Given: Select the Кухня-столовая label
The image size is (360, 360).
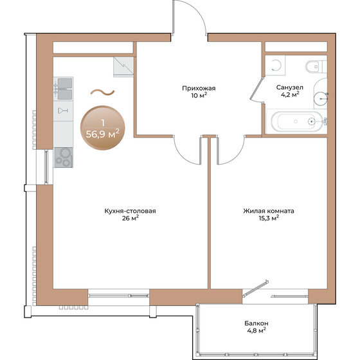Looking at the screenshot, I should [130, 210].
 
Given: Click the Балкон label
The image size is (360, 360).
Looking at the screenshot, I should [256, 323].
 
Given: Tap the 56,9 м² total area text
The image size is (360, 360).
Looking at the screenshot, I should [103, 134].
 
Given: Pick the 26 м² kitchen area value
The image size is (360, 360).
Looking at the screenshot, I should [130, 219].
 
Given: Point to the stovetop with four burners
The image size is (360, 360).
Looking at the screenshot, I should [64, 156].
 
